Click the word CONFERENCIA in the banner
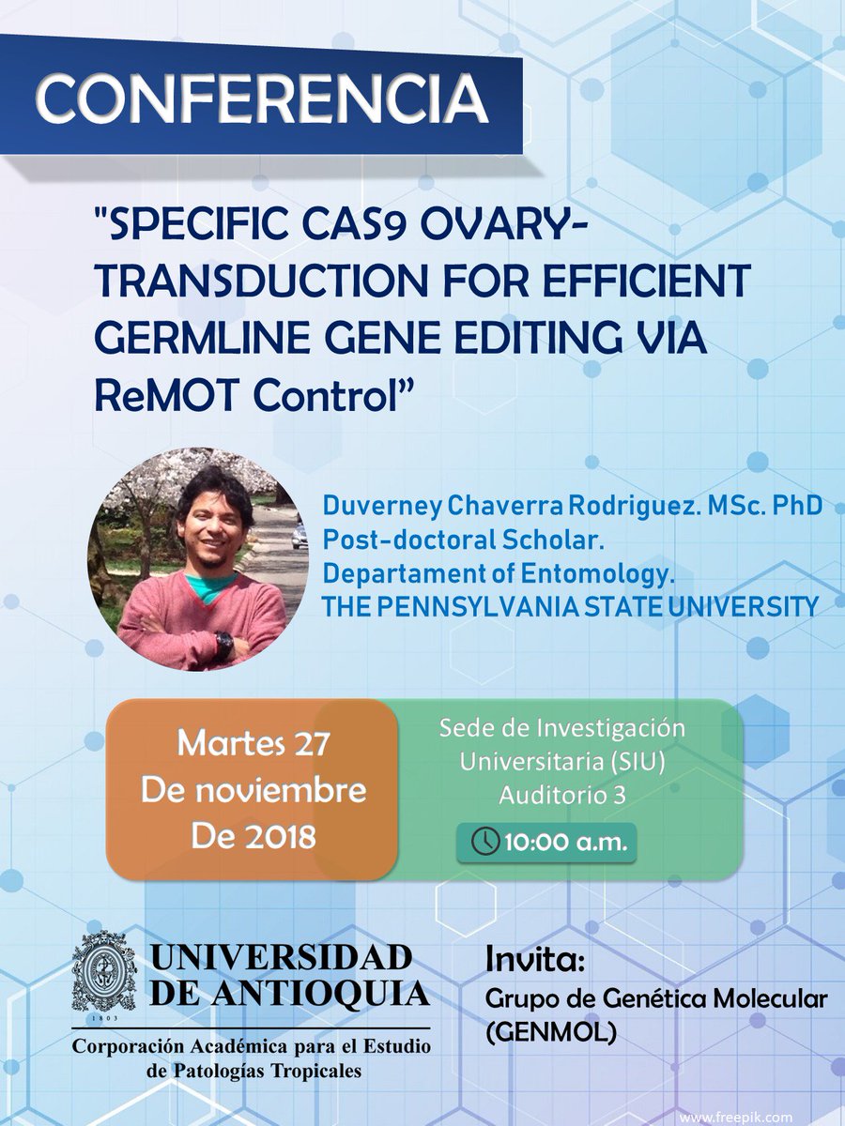coord(262,95)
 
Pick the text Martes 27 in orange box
coord(253,746)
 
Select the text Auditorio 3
coord(562,794)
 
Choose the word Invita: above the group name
coord(536,960)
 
